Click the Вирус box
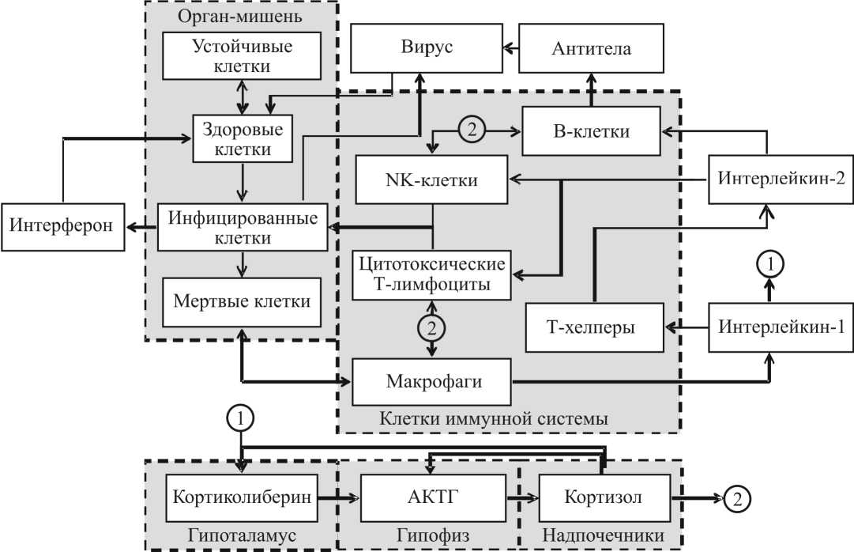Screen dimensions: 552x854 pyautogui.click(x=426, y=48)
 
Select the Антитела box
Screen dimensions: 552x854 pyautogui.click(x=591, y=48)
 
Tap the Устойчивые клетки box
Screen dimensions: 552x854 pyautogui.click(x=243, y=56)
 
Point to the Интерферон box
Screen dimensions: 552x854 pyautogui.click(x=62, y=225)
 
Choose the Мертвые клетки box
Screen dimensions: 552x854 pyautogui.click(x=243, y=301)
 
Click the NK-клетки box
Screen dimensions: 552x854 pyautogui.click(x=432, y=180)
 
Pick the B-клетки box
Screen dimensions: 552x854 pyautogui.click(x=591, y=131)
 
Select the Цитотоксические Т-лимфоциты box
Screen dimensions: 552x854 pyautogui.click(x=432, y=274)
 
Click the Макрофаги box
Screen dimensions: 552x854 pyautogui.click(x=432, y=380)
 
